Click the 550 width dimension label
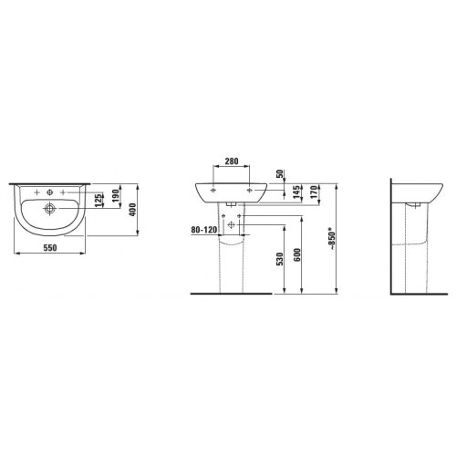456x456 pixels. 50,248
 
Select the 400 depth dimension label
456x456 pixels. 133,210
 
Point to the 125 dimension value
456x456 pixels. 98,201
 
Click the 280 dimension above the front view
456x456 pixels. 232,161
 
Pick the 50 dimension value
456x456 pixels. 280,174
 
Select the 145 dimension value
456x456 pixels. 297,192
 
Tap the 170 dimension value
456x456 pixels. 315,192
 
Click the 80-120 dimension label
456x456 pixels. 204,230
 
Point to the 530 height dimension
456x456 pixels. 280,259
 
